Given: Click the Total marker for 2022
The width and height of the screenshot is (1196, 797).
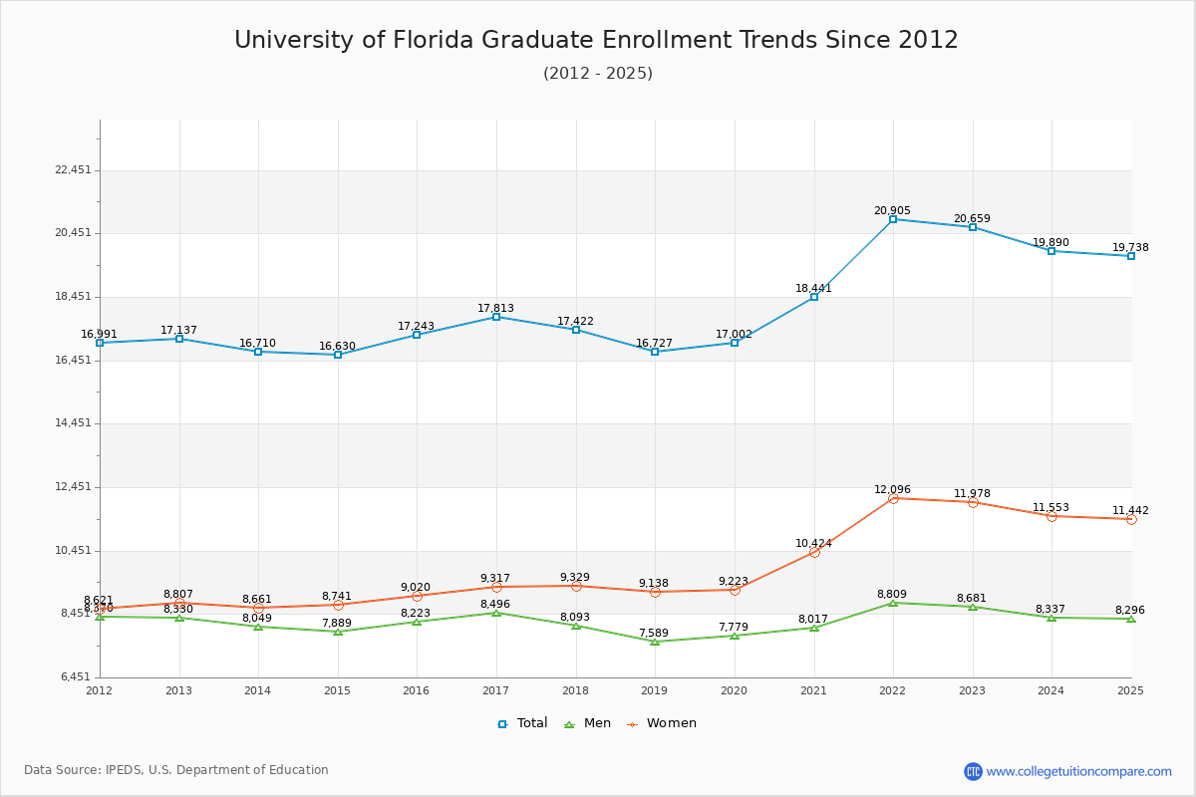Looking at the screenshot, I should point(893,219).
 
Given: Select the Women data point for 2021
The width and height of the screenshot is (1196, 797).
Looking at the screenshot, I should point(814,552).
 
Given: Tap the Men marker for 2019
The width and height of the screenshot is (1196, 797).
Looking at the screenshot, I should point(655,642).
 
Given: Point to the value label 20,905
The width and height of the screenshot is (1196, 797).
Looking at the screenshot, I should point(892,211).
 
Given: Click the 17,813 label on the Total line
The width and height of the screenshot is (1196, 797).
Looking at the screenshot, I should point(496,309).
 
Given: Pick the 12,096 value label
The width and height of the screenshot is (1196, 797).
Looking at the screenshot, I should point(892,490).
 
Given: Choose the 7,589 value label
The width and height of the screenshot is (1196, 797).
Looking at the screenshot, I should point(655,633).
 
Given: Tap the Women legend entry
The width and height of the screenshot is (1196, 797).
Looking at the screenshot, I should point(662,723).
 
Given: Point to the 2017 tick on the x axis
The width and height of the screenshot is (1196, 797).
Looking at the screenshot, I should point(495,690).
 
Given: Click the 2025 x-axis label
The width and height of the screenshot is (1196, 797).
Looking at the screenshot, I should point(1130,690).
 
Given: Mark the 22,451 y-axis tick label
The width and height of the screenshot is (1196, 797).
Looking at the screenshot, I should point(74,170).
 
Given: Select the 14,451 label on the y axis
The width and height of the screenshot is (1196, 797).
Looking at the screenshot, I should point(74,423).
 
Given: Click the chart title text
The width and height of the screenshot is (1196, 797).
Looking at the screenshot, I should point(596,41).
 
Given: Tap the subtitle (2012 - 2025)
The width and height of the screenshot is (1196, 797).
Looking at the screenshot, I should point(598,74).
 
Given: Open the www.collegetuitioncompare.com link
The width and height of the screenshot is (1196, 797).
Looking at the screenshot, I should point(1078,771).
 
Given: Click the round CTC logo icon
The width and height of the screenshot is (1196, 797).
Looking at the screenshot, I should point(973,771).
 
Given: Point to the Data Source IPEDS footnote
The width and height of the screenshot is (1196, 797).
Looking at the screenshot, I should point(176,770).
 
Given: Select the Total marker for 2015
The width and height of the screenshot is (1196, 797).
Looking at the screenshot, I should point(338,355).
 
